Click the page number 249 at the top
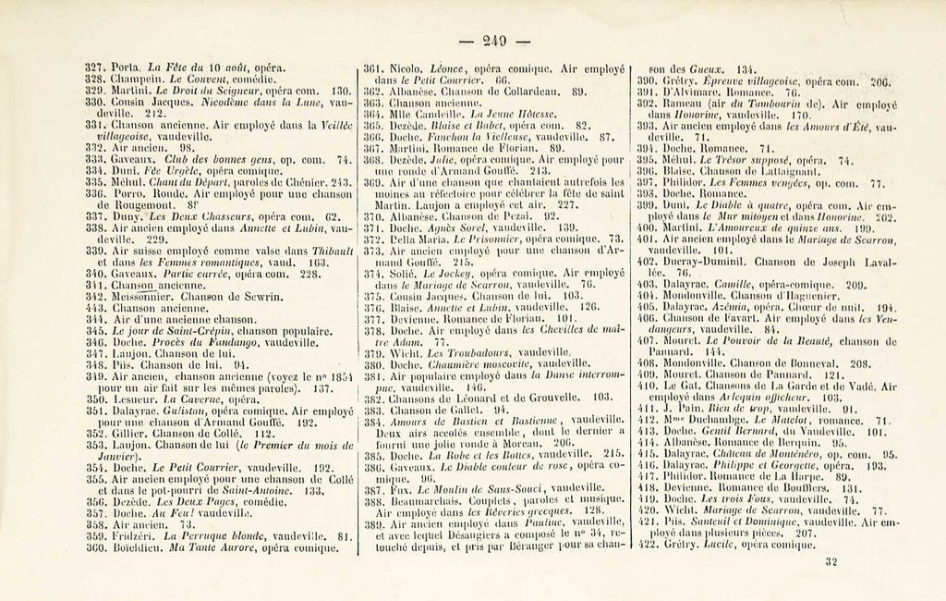[x=495, y=40]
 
